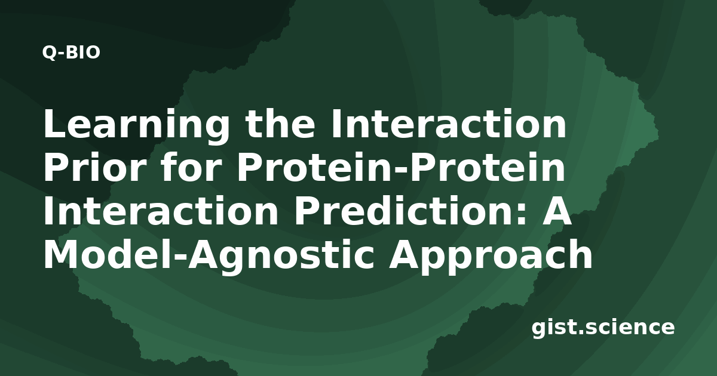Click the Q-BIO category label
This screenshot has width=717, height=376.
[x=71, y=53]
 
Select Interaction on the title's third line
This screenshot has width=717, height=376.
[x=161, y=211]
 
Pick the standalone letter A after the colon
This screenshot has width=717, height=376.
[x=556, y=211]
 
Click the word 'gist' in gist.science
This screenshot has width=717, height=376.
[x=554, y=328]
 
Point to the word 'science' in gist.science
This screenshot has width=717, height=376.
[x=629, y=328]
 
